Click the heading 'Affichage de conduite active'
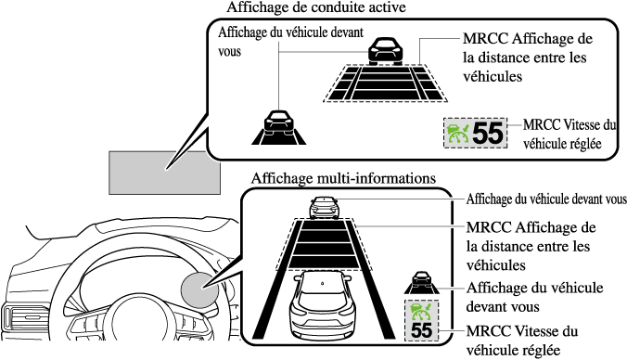tap(316, 7)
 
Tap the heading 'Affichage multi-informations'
tap(343, 178)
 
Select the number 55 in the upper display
tap(488, 134)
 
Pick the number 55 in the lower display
tap(421, 330)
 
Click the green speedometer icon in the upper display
tap(458, 134)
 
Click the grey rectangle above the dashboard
tap(164, 173)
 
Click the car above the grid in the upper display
tap(386, 51)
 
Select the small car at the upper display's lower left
tap(278, 122)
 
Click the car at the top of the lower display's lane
tap(325, 208)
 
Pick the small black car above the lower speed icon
tap(421, 282)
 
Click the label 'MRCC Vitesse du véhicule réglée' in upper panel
tap(569, 134)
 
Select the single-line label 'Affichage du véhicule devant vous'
tap(546, 199)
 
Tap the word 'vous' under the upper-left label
tap(229, 52)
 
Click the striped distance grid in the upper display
tap(385, 84)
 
